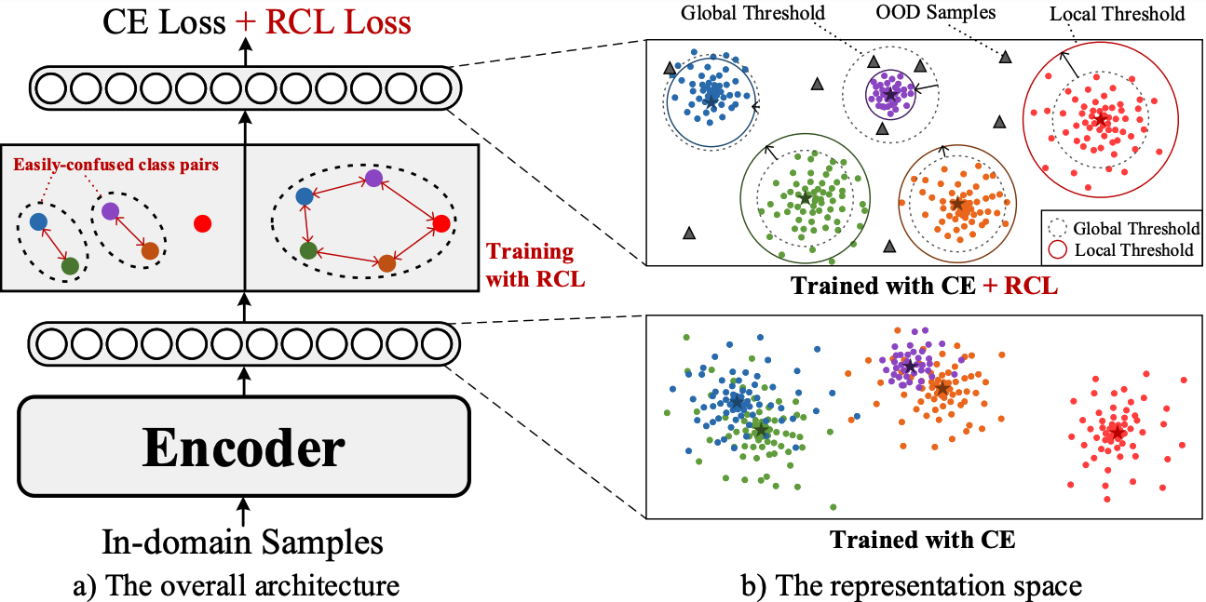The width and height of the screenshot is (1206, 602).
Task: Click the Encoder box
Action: coord(243,447)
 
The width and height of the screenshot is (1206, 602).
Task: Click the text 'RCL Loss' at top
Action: coord(337,21)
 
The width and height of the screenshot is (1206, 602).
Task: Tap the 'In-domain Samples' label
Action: coord(242,542)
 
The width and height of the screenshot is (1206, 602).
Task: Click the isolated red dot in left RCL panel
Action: coord(203,223)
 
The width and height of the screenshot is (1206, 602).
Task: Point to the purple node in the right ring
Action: coord(373,178)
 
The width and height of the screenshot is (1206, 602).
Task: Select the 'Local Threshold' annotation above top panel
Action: coord(1117,14)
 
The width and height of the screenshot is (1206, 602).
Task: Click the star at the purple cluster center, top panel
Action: coord(890,94)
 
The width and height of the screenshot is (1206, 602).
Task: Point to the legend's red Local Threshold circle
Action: coord(1056,249)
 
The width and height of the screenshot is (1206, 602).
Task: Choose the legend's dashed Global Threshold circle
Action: coord(1056,228)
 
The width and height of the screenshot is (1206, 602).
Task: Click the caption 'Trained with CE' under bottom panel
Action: coord(922,539)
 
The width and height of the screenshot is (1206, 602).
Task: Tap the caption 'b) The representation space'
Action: coord(923,586)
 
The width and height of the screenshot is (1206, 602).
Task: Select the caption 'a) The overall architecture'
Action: coord(241,586)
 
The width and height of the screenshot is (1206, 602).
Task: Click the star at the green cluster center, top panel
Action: coord(806,198)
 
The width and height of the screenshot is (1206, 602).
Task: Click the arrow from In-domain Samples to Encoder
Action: coord(243,510)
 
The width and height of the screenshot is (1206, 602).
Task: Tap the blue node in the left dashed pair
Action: coord(38,221)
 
